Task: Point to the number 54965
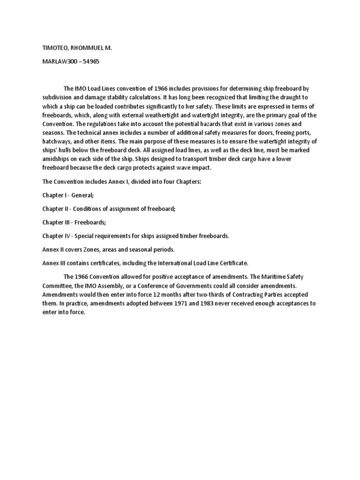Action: (90, 61)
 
